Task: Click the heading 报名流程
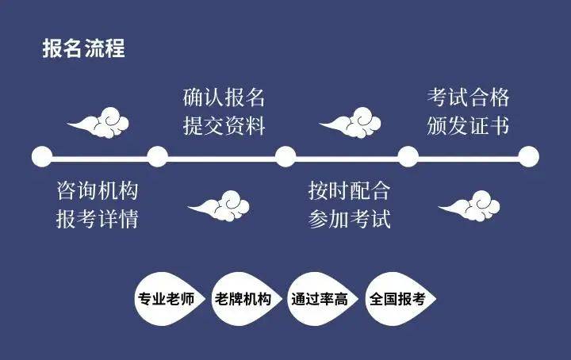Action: (x=83, y=48)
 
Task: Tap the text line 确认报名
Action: (x=224, y=98)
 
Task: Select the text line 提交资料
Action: (x=224, y=126)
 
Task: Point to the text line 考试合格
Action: (x=468, y=98)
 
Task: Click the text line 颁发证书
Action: (x=468, y=126)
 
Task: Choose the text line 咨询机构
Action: (x=98, y=191)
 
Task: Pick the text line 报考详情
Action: (x=98, y=219)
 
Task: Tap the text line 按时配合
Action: (x=350, y=191)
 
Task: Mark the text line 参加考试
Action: (x=350, y=219)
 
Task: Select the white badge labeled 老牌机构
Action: (x=243, y=301)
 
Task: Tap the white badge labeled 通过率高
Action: (x=320, y=301)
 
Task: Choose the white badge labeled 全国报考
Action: (x=397, y=301)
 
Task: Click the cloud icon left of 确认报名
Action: (x=98, y=123)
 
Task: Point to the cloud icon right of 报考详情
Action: (x=219, y=206)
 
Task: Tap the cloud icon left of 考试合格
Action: (x=350, y=123)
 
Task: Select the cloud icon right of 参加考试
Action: (x=469, y=206)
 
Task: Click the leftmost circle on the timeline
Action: (x=41, y=156)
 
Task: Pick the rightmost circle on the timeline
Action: (x=528, y=156)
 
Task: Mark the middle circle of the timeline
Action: (x=285, y=156)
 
